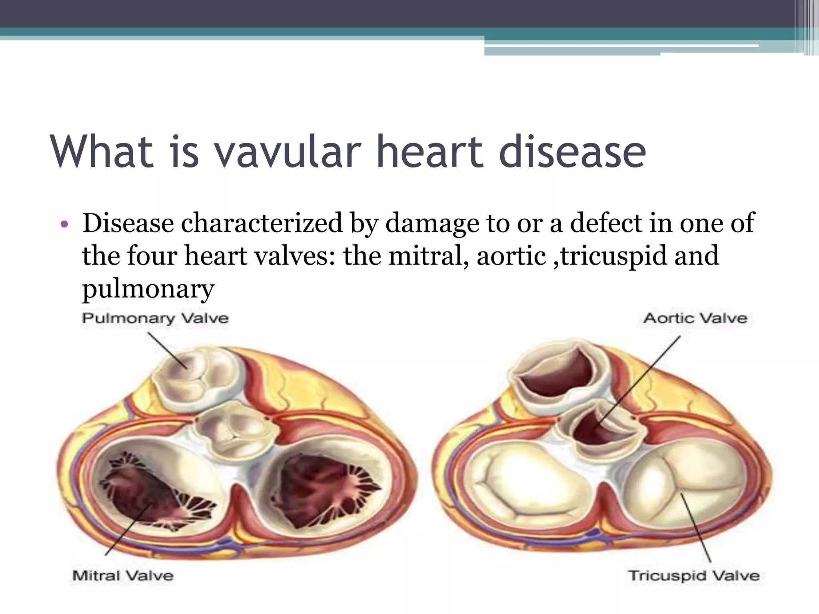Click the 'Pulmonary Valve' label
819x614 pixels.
click(x=155, y=319)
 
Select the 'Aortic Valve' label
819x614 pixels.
click(x=695, y=319)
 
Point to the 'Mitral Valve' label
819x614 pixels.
click(x=123, y=576)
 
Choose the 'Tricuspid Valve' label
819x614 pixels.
click(x=694, y=576)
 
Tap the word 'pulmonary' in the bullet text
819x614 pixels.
click(x=148, y=289)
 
